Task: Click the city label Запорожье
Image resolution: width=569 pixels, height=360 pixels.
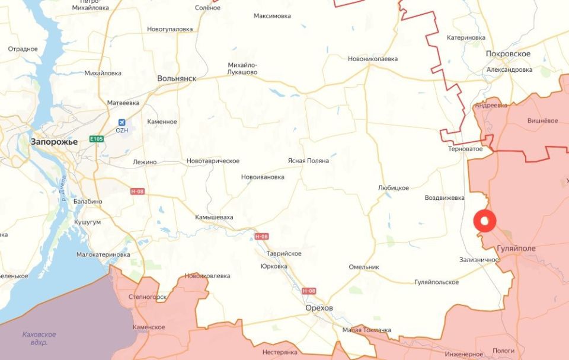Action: coord(54,141)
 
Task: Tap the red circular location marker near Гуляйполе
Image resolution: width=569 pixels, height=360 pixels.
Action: coord(485,221)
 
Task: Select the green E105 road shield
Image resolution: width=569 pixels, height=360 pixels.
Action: coord(97,139)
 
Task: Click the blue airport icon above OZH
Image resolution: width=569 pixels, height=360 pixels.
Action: coord(122,121)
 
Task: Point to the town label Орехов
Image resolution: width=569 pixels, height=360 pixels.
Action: coord(319,308)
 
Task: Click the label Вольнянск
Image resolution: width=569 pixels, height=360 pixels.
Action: coord(177,78)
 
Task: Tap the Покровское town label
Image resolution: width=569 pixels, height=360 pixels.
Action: coord(508,54)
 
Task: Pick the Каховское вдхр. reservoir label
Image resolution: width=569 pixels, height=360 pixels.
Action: coord(39,338)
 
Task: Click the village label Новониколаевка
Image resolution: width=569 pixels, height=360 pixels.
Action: coord(373,59)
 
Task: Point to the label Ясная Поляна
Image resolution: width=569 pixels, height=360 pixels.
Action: coord(308,161)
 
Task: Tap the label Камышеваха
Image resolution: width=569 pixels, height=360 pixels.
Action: coord(214,217)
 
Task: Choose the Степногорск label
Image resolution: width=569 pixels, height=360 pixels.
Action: coord(148,297)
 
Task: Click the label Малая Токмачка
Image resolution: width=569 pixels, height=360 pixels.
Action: coord(367,330)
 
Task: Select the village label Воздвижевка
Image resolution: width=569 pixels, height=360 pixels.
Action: coord(445,197)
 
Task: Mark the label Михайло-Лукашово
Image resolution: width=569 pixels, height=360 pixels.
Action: coord(242,68)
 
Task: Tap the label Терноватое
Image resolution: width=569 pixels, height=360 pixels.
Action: coord(465,149)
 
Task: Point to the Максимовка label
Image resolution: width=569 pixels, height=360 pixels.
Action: coord(272,15)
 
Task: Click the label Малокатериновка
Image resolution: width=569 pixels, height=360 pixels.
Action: coord(103,254)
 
